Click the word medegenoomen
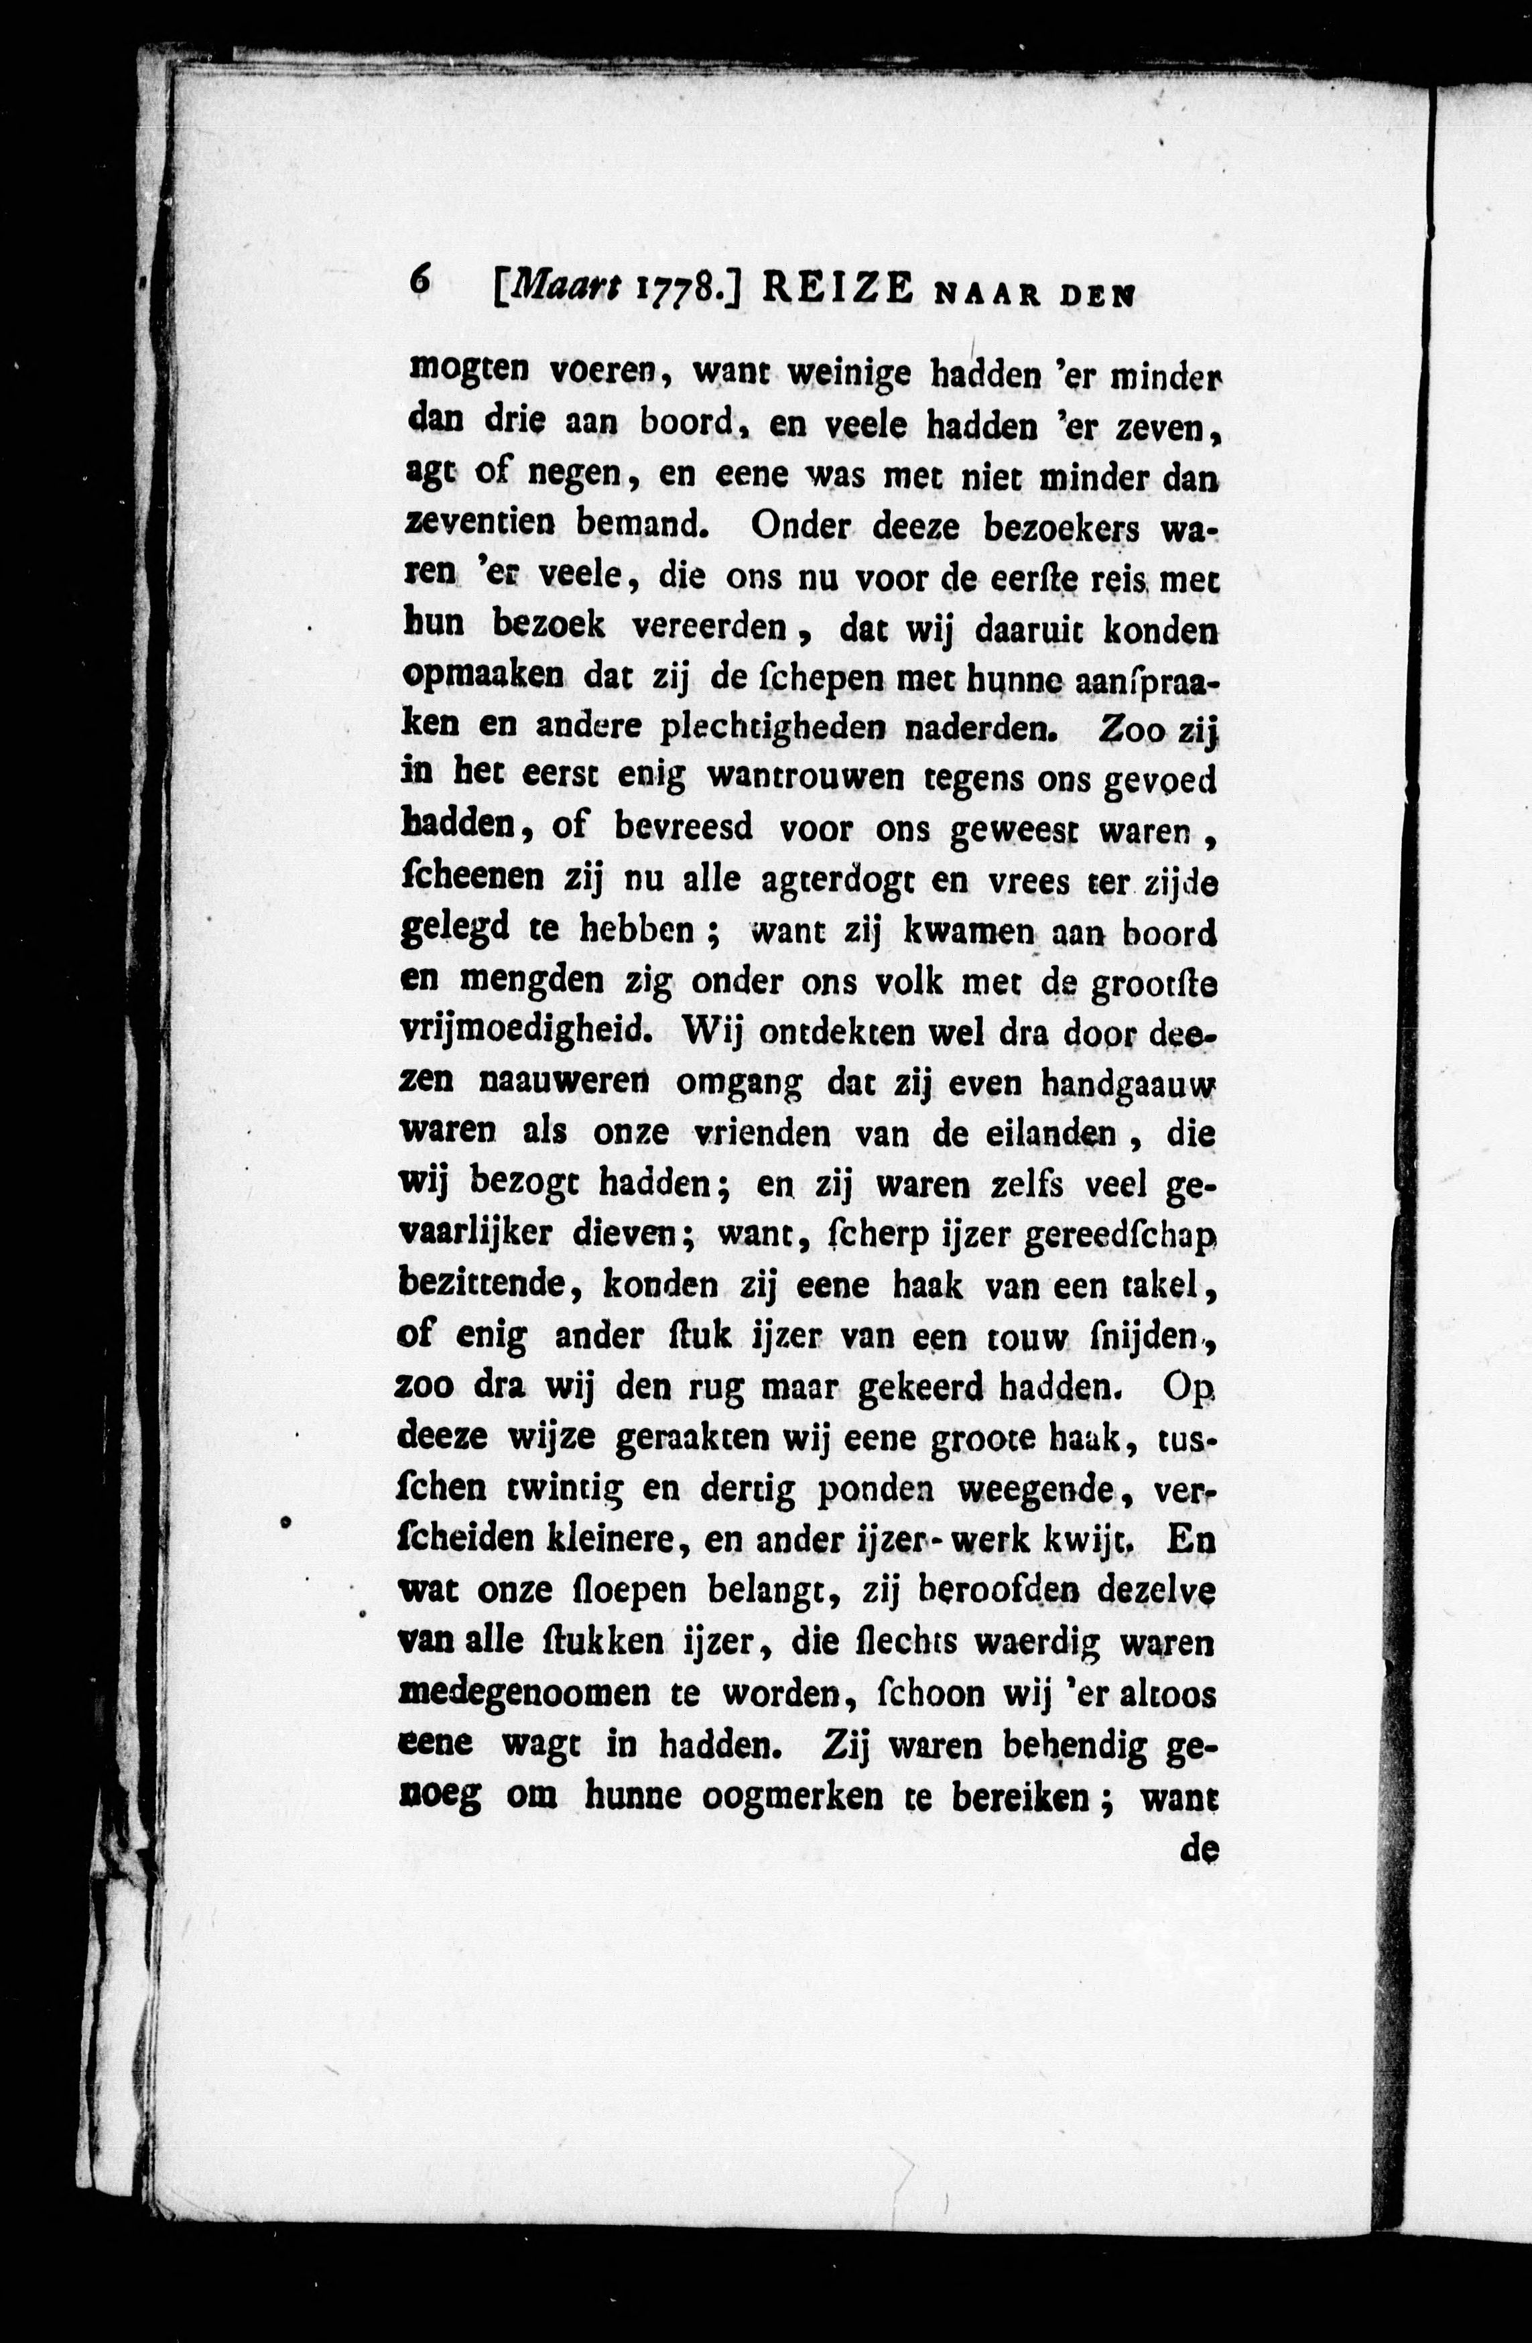click(x=526, y=1694)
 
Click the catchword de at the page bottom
click(x=1199, y=1849)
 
